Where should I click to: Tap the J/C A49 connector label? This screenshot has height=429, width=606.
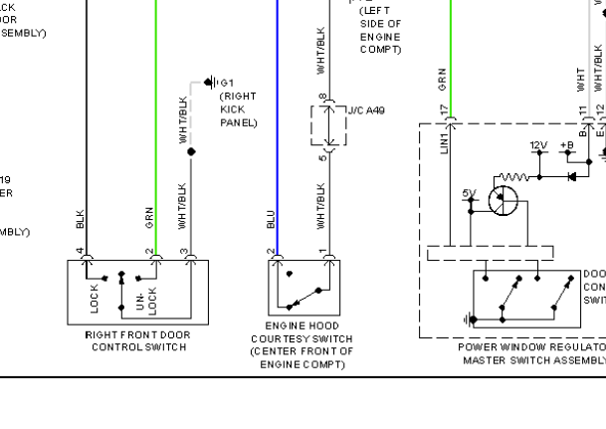coord(365,111)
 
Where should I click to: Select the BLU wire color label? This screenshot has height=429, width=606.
coord(270,220)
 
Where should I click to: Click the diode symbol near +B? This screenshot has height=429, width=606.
coord(571,177)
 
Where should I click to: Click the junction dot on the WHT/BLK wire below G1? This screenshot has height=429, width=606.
coord(192,151)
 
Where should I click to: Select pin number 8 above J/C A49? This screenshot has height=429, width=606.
coord(322,98)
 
